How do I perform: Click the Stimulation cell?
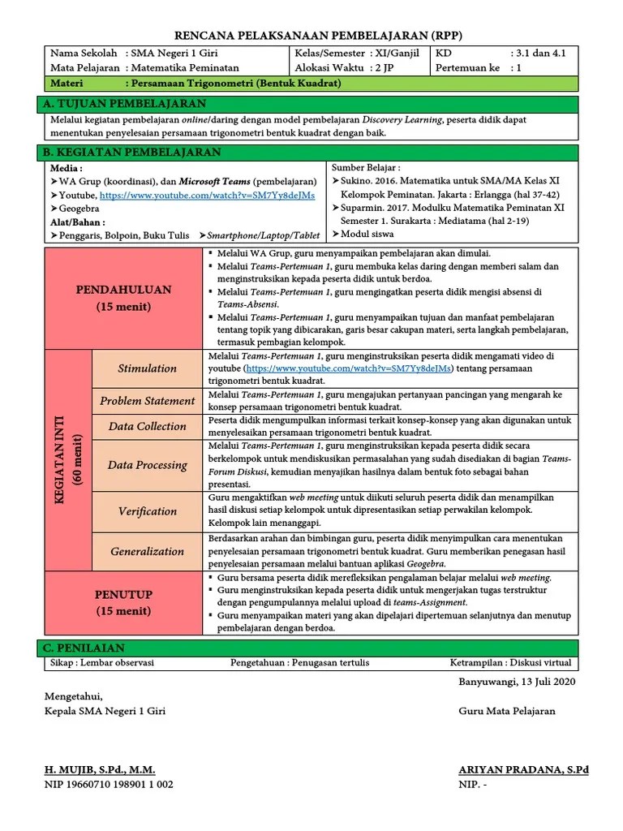(x=147, y=368)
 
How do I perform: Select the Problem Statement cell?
(x=147, y=401)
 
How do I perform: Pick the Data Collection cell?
(x=147, y=426)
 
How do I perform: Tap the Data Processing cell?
(x=147, y=465)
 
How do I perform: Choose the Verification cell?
(x=147, y=511)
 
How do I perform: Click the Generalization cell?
(x=147, y=551)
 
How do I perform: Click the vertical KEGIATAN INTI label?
(x=67, y=459)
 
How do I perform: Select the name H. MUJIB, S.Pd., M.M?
(x=99, y=769)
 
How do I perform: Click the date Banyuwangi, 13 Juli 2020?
(x=516, y=682)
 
